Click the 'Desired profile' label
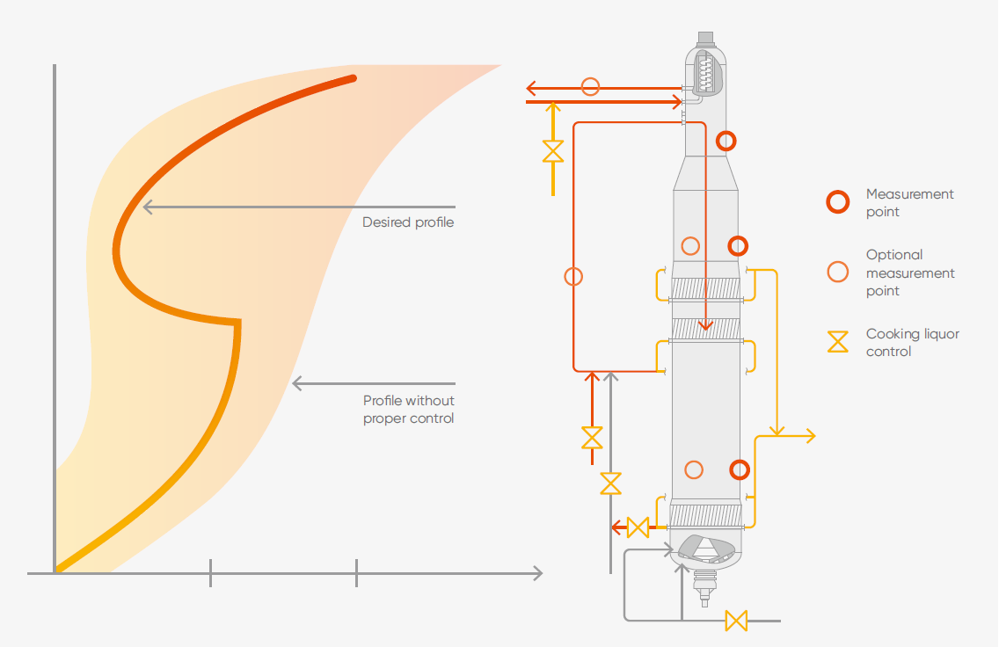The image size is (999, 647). click(408, 222)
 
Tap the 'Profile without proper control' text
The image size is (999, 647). click(409, 410)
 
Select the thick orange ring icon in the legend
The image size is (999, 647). click(838, 202)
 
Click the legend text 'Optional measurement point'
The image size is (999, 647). click(910, 273)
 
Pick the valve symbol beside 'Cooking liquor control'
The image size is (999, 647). click(838, 342)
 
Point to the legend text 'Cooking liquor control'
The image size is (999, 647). click(912, 343)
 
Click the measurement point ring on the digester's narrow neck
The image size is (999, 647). click(726, 140)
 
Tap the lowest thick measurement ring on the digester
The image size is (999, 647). click(740, 470)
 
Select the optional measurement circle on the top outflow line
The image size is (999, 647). click(591, 86)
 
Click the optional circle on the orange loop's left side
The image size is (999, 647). click(573, 277)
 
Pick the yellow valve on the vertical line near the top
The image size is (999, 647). click(552, 151)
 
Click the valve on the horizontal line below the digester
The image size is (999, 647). click(736, 621)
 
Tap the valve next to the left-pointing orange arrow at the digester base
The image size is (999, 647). click(638, 527)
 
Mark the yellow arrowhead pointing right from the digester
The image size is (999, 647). click(810, 436)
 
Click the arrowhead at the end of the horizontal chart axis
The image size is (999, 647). click(536, 573)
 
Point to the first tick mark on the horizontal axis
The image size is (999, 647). click(211, 573)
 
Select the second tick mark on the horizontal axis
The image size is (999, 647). click(356, 573)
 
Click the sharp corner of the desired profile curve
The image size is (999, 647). click(238, 321)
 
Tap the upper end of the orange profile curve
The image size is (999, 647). click(353, 78)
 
